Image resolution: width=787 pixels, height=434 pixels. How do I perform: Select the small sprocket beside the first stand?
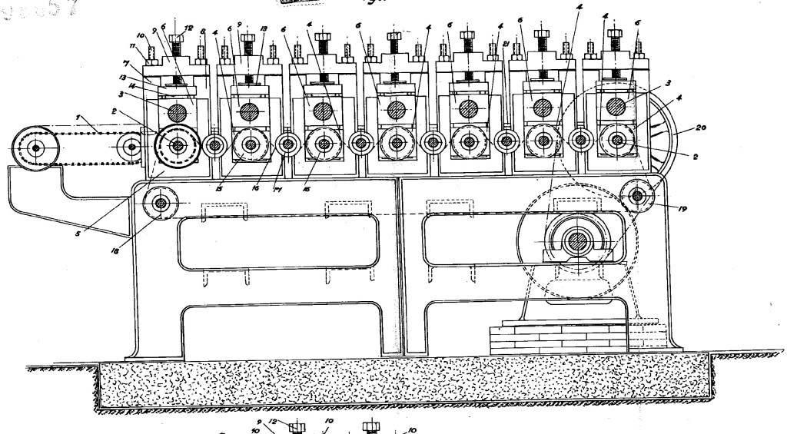pos(132,145)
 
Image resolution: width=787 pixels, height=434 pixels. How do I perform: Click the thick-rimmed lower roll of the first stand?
pos(178,144)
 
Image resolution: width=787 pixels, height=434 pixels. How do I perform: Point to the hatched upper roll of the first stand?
pos(178,111)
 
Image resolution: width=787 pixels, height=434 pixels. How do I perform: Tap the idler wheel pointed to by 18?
pos(161,204)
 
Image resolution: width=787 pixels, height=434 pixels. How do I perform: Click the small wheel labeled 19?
pos(637,196)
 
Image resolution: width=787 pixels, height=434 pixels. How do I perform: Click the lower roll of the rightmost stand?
pos(616,141)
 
